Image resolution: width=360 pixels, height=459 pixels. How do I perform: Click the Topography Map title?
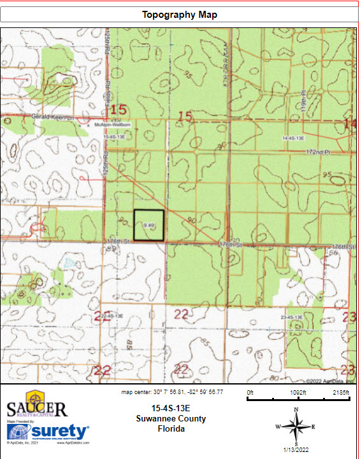pos(179,15)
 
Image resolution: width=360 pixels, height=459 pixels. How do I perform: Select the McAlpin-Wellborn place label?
pos(112,125)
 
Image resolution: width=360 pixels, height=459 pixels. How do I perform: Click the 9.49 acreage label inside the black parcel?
pos(150,225)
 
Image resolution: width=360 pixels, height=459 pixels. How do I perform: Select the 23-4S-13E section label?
pos(294,316)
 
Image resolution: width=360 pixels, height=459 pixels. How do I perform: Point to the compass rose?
pos(296,427)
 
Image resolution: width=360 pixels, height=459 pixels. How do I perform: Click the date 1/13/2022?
pos(296,450)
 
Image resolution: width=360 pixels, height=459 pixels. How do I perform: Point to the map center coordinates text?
pos(172,392)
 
